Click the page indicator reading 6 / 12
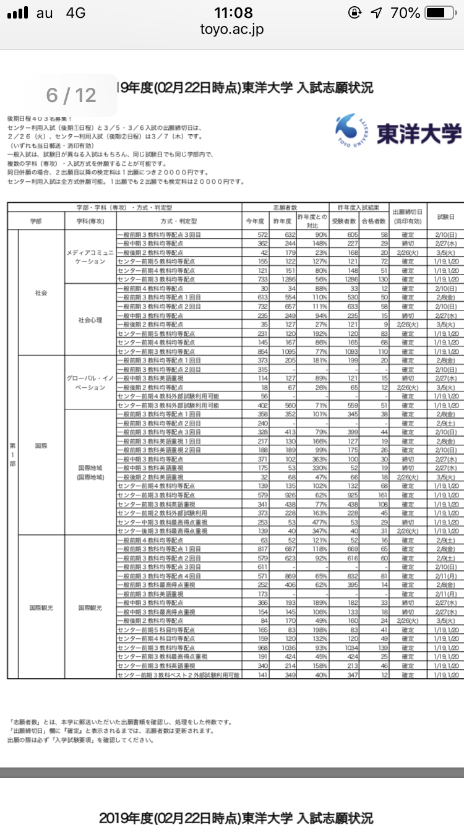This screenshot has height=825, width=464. pyautogui.click(x=72, y=95)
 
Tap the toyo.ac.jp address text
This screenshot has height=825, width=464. pyautogui.click(x=231, y=30)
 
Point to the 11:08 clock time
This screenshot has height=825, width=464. pyautogui.click(x=233, y=12)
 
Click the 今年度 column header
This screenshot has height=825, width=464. pyautogui.click(x=255, y=220)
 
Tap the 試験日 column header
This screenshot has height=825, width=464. pyautogui.click(x=445, y=216)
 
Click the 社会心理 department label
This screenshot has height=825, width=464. pyautogui.click(x=90, y=320)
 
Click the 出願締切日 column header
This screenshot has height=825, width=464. pyautogui.click(x=408, y=216)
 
